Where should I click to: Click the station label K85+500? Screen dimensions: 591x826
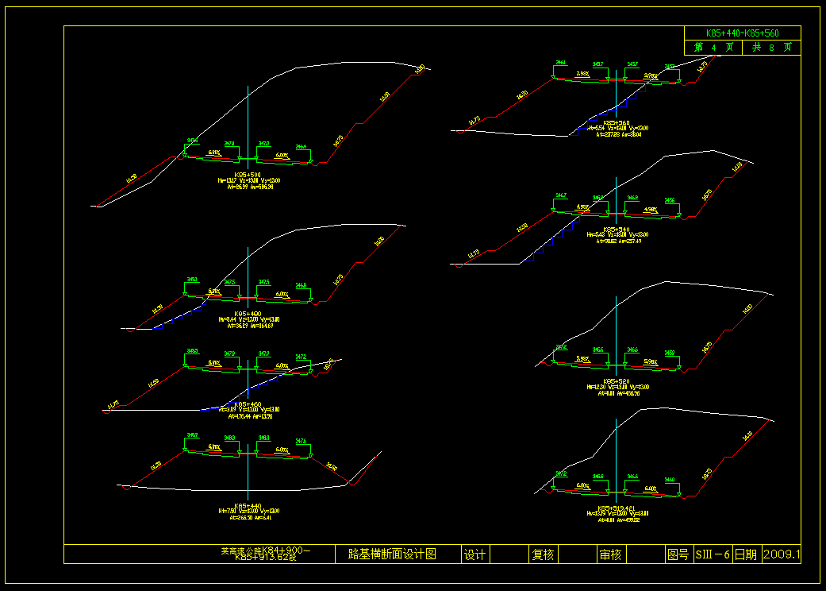pos(248,174)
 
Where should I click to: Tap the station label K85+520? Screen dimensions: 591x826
pos(617,381)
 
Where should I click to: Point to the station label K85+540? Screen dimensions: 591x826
pos(617,229)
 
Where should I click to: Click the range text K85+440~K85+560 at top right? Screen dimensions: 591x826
pos(742,33)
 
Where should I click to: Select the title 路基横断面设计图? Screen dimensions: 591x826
pos(393,554)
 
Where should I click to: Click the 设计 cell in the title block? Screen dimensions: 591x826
pos(474,554)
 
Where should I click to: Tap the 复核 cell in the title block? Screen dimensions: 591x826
pos(543,554)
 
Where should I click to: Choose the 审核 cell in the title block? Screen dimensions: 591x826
pos(610,554)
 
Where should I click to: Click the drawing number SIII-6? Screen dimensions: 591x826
pos(712,554)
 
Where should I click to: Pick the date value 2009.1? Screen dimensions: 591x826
pos(782,554)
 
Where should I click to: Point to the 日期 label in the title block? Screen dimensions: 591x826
pos(746,554)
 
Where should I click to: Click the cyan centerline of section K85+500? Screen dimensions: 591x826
pos(248,119)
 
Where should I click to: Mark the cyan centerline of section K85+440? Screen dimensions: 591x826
pos(248,477)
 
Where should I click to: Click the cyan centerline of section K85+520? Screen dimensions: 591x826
pos(617,334)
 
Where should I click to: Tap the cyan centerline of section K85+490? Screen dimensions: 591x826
pos(248,270)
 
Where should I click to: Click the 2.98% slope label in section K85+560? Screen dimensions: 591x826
pos(582,74)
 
